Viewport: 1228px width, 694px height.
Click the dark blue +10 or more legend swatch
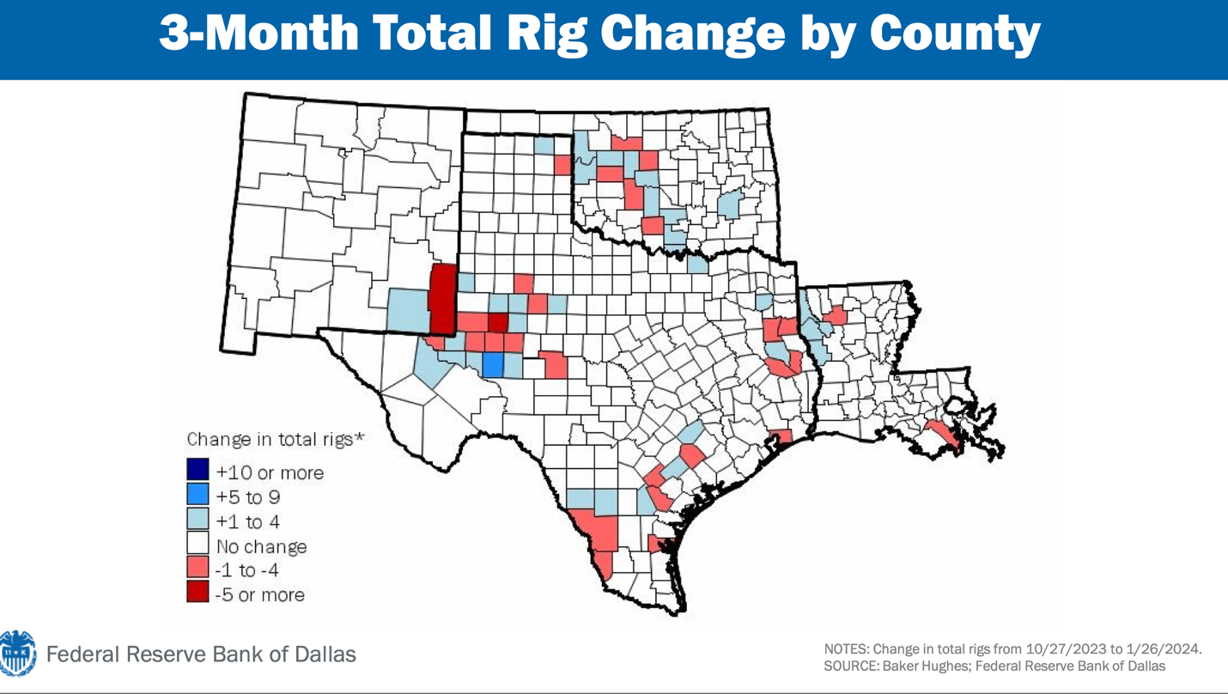(x=198, y=470)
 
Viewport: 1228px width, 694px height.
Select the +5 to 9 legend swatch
(x=198, y=495)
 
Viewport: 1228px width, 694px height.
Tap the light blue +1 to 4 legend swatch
(x=198, y=520)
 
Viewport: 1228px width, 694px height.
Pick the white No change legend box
(x=198, y=545)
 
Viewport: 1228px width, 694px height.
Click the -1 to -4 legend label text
(x=247, y=569)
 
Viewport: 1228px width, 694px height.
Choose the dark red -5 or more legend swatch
(x=198, y=593)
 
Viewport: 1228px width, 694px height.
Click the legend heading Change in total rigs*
(x=276, y=439)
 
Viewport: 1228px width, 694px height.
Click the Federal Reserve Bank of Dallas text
(x=201, y=654)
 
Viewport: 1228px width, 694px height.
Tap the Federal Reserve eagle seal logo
(x=17, y=654)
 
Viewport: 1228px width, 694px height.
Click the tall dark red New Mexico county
(x=441, y=298)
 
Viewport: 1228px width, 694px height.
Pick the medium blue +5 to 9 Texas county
(x=492, y=364)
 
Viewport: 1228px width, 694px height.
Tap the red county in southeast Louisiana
(x=943, y=435)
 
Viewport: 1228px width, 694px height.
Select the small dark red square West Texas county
(x=498, y=323)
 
